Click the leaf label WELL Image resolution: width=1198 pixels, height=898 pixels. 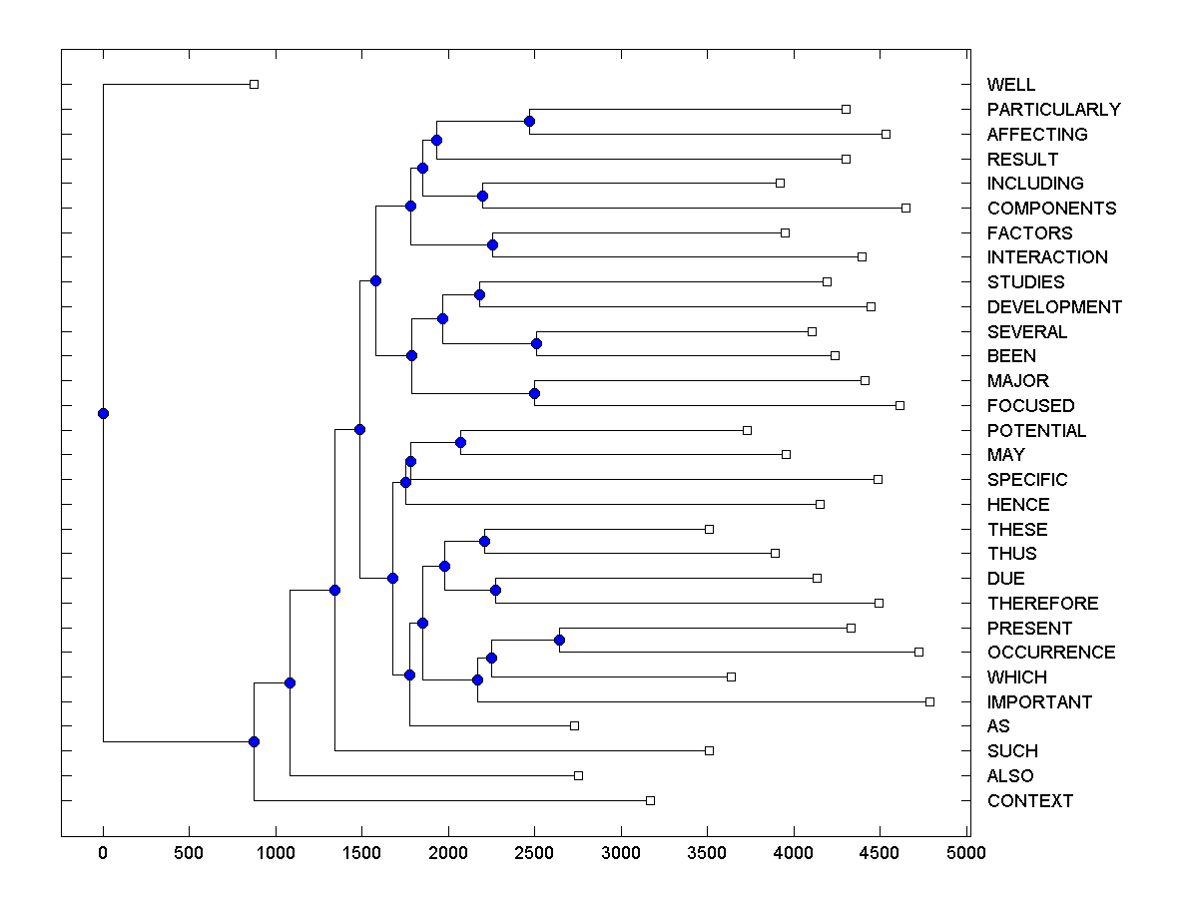[x=1010, y=85]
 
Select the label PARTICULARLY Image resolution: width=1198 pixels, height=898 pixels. [x=1053, y=110]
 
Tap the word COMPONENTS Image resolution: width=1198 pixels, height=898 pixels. [x=1051, y=209]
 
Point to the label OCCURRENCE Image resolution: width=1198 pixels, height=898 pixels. [x=1051, y=653]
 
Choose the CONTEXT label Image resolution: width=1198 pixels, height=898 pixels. [x=1029, y=801]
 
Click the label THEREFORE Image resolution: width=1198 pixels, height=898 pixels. [x=1042, y=604]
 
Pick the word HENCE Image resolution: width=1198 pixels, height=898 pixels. [x=1018, y=505]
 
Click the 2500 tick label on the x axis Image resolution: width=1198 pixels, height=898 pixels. [x=534, y=852]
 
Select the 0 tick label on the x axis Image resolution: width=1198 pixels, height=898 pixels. [x=103, y=852]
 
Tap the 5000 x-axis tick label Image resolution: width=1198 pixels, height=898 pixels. [x=966, y=852]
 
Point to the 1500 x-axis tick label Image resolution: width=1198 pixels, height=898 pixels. [x=361, y=852]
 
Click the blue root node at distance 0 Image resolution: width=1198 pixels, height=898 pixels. [x=103, y=413]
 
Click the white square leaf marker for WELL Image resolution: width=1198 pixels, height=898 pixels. [x=254, y=85]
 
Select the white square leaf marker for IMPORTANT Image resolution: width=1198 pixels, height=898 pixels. [x=929, y=701]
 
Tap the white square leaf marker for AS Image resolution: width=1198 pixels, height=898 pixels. [x=574, y=726]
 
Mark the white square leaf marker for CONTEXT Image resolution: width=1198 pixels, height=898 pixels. [x=650, y=800]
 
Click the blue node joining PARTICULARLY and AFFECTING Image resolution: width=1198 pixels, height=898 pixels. [x=529, y=122]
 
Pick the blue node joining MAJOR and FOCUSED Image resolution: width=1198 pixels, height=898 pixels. [x=534, y=393]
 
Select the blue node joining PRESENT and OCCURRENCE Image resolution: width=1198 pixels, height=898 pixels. [x=560, y=640]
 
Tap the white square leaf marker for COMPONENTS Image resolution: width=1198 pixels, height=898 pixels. [x=905, y=208]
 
